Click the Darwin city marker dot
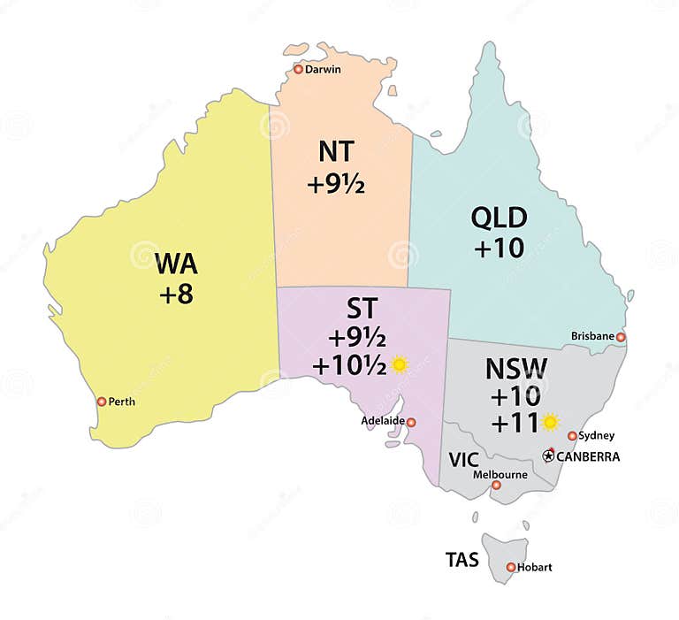[298, 69]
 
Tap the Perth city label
[122, 402]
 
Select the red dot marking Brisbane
[621, 337]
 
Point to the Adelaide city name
[383, 422]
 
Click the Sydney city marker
[572, 436]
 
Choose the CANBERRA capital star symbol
[548, 455]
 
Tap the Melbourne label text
[500, 474]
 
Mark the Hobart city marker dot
[510, 567]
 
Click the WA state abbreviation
[176, 264]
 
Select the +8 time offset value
[176, 295]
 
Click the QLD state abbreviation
[499, 218]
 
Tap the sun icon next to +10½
[400, 364]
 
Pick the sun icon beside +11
[550, 423]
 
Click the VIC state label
[463, 460]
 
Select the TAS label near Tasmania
[463, 559]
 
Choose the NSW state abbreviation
[517, 368]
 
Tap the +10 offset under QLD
[499, 249]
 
